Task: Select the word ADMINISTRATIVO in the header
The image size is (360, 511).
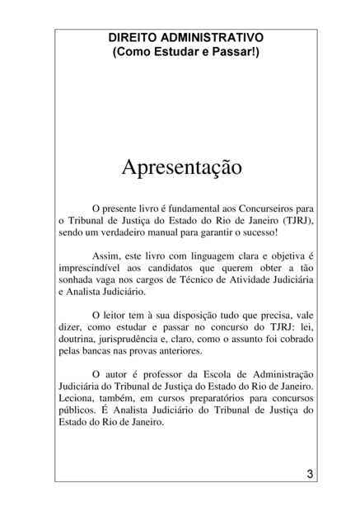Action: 213,38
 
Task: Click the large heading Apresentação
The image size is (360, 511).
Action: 181,167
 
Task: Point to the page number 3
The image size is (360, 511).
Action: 309,474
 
